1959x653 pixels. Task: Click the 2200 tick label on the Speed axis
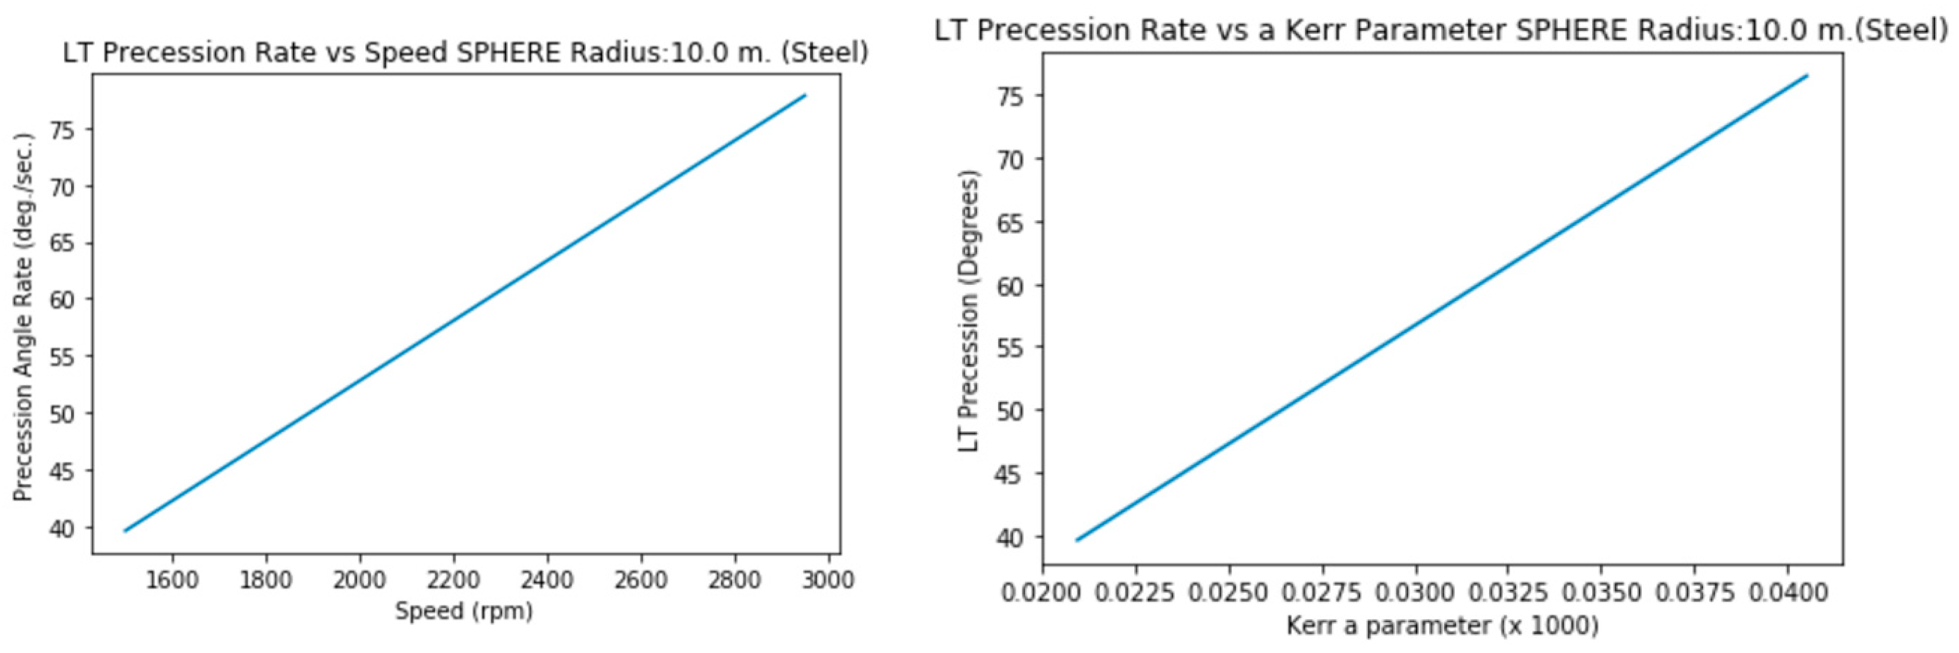pos(453,580)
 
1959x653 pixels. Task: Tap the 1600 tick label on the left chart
pos(172,580)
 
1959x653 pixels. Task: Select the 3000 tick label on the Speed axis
pos(827,580)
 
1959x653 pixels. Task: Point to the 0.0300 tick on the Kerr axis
pos(1416,592)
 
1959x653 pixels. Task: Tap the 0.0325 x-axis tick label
pos(1509,592)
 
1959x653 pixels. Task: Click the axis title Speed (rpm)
pos(464,611)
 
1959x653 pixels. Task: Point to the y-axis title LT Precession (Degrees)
pos(968,310)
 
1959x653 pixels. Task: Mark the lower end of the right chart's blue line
pos(1077,540)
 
